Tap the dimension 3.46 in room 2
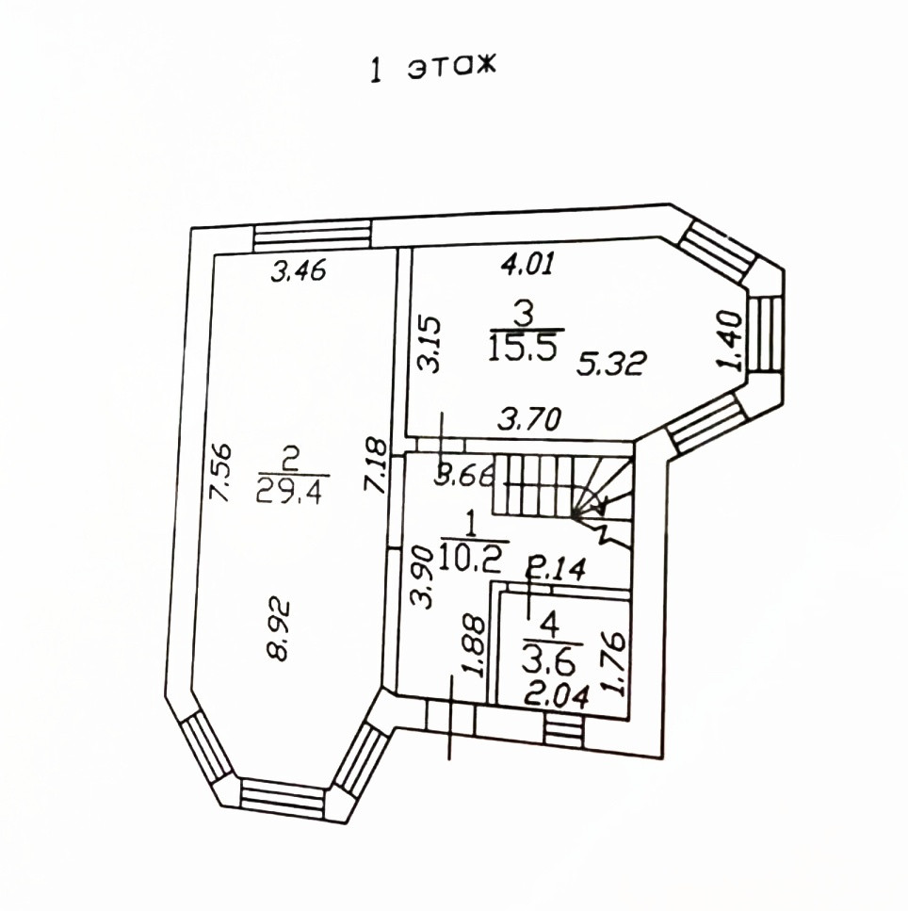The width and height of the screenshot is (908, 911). [300, 270]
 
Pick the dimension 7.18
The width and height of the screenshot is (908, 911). [374, 466]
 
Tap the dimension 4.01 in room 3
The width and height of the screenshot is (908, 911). [527, 263]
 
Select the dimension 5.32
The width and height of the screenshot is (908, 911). [610, 365]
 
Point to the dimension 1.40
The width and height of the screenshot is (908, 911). [730, 341]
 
